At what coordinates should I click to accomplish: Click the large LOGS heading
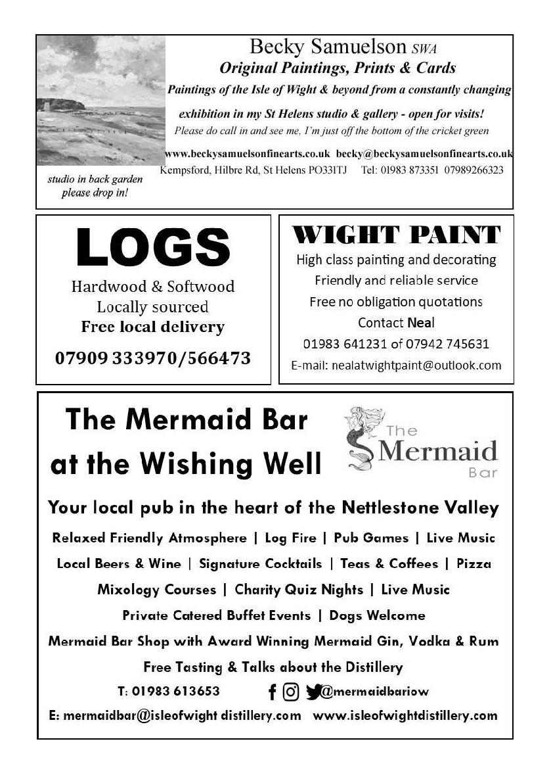pos(153,247)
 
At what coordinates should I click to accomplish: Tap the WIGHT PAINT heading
pos(396,235)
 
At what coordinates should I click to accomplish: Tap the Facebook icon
pos(272,692)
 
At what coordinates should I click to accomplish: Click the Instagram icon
pos(291,692)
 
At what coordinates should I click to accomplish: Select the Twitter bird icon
pos(313,692)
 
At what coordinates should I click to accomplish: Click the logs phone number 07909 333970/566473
pos(153,359)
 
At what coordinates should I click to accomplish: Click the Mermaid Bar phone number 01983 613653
pos(176,692)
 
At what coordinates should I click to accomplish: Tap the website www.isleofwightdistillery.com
pos(405,715)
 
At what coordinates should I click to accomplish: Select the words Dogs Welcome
pos(377,615)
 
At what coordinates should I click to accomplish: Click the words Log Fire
pos(290,538)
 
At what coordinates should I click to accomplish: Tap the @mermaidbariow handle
pos(374,692)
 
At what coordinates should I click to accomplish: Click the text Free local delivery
pos(153,327)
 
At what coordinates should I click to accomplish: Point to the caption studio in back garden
pos(95,179)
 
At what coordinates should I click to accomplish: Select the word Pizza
pos(474,563)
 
